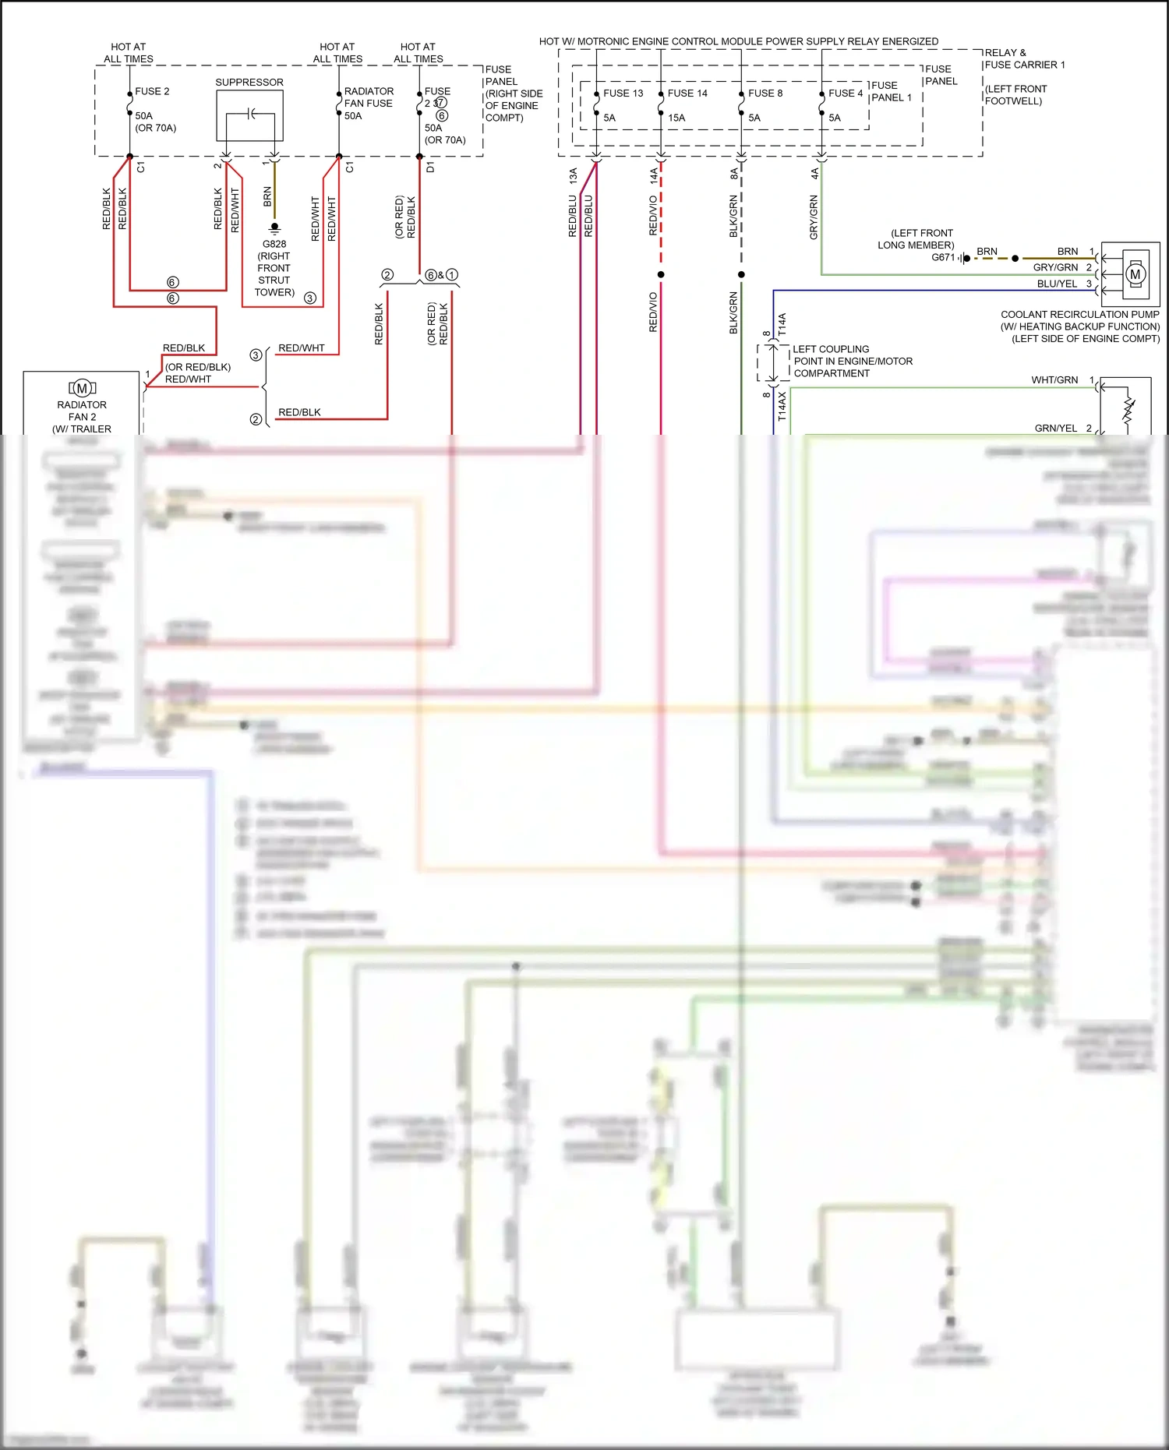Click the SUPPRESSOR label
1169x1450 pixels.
(x=249, y=82)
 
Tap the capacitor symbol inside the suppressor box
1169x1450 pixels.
(x=250, y=115)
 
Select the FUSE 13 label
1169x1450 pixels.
(x=623, y=93)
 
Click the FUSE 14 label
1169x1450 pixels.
(x=687, y=93)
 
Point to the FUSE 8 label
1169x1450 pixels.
(x=765, y=93)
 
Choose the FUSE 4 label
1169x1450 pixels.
(x=845, y=93)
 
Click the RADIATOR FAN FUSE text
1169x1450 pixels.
(x=368, y=97)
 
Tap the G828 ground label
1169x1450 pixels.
(x=274, y=244)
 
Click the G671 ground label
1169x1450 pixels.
(x=942, y=257)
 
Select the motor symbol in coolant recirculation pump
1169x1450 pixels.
(x=1135, y=273)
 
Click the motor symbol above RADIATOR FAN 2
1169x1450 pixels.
(x=82, y=388)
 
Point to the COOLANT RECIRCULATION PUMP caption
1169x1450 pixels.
(x=1079, y=315)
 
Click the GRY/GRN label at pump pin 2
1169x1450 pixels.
(x=1055, y=267)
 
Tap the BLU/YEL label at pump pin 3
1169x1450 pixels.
(x=1056, y=284)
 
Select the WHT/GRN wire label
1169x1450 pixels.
(x=1054, y=380)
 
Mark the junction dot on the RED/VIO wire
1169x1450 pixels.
(x=661, y=274)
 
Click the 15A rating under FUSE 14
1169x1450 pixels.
(x=676, y=118)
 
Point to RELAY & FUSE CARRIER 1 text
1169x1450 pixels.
(x=1023, y=58)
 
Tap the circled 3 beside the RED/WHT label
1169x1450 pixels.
(x=256, y=355)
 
